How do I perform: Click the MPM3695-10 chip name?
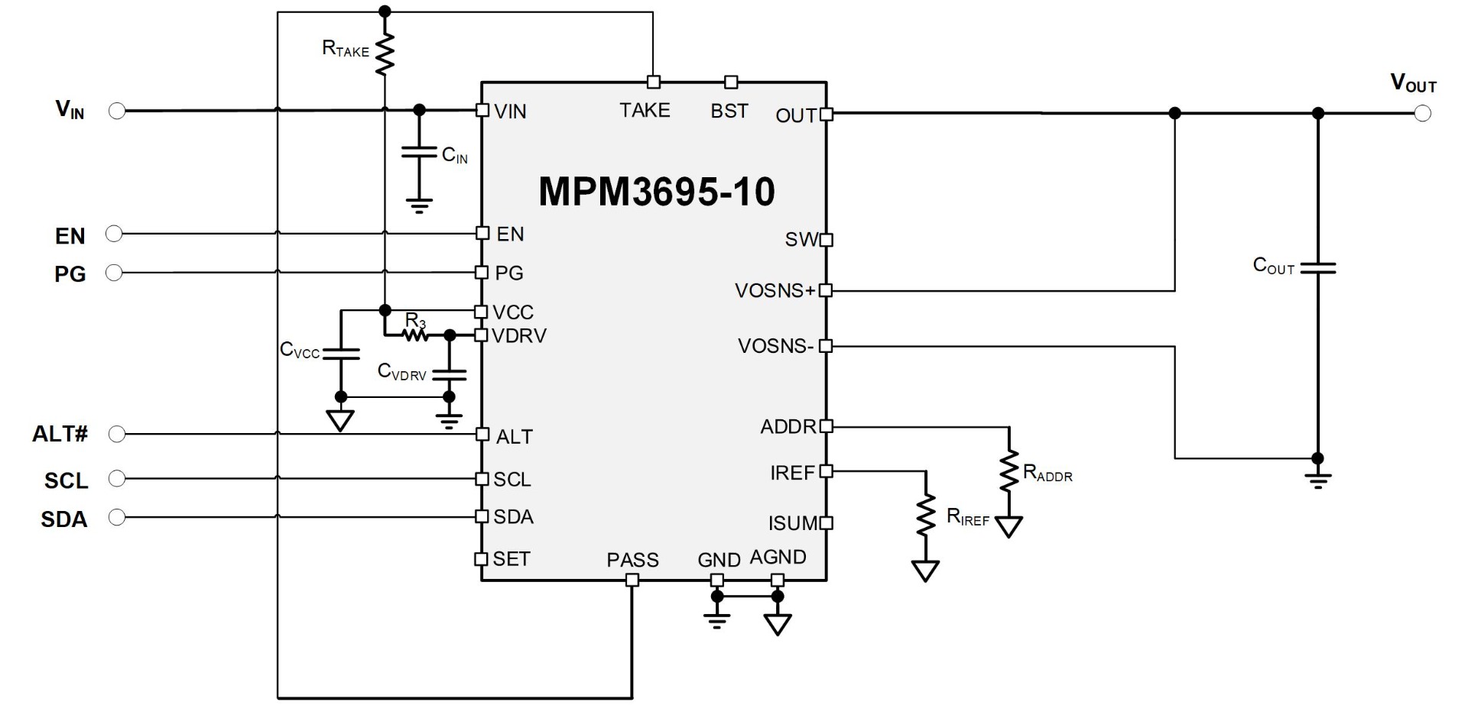(x=656, y=191)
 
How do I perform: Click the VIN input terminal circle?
(x=117, y=112)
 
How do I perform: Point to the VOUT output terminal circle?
(x=1422, y=114)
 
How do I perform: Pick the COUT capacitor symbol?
(x=1317, y=268)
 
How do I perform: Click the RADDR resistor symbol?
(x=1009, y=471)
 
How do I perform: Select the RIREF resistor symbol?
(x=925, y=516)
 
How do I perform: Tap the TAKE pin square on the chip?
(x=653, y=82)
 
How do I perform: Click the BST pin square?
(x=731, y=82)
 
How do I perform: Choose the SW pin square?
(x=826, y=240)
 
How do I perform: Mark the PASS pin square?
(x=632, y=580)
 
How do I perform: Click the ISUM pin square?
(x=826, y=523)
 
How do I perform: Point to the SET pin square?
(x=481, y=559)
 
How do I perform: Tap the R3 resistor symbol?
(x=415, y=335)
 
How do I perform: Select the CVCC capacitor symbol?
(x=341, y=354)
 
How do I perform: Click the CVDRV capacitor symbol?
(x=449, y=374)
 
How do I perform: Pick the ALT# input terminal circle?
(x=117, y=435)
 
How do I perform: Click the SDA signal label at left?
(x=64, y=519)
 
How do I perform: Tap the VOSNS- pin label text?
(x=775, y=346)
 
